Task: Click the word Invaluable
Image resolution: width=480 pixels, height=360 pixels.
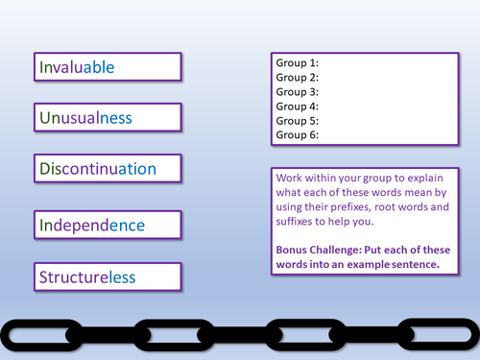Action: pyautogui.click(x=77, y=67)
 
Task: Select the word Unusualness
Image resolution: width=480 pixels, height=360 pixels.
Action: pyautogui.click(x=85, y=118)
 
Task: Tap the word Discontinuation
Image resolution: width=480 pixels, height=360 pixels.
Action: pyautogui.click(x=98, y=169)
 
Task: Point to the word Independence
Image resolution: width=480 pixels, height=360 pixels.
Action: pyautogui.click(x=92, y=226)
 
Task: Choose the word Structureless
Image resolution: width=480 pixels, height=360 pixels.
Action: pyautogui.click(x=87, y=277)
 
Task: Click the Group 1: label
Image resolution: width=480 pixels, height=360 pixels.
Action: pyautogui.click(x=298, y=63)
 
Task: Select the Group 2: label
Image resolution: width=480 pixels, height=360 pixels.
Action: pyautogui.click(x=298, y=78)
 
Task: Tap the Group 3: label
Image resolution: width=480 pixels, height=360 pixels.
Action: pyautogui.click(x=298, y=92)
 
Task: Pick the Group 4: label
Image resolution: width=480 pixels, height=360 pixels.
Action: pyautogui.click(x=298, y=107)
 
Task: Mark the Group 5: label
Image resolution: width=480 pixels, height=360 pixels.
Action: pyautogui.click(x=298, y=121)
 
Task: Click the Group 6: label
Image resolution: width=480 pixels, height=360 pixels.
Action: pyautogui.click(x=298, y=135)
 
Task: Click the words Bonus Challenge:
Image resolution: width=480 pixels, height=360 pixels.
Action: pyautogui.click(x=319, y=250)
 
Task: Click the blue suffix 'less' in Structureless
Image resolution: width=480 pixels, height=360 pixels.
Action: pyautogui.click(x=121, y=277)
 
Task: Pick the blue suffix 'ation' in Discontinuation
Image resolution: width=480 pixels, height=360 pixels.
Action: pyautogui.click(x=137, y=169)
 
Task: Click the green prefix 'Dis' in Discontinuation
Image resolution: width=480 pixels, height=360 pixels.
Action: pyautogui.click(x=50, y=169)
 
